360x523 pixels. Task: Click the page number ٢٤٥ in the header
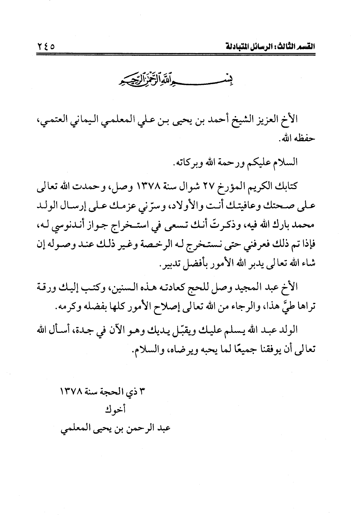click(x=46, y=47)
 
